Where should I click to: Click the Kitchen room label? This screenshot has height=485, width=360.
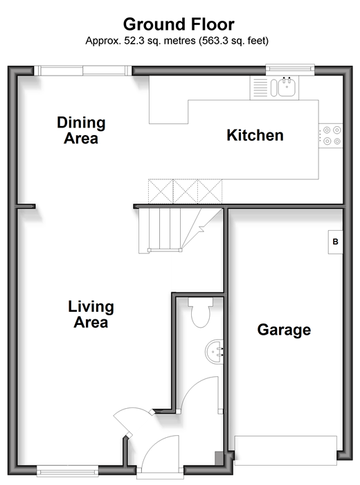[x=255, y=136]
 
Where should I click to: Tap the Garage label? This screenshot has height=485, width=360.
[x=284, y=330]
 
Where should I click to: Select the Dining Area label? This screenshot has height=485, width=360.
[x=81, y=130]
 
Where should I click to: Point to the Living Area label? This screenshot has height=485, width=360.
[x=91, y=315]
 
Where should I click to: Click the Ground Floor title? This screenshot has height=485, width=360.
[x=179, y=24]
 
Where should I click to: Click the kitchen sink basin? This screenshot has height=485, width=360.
[x=287, y=87]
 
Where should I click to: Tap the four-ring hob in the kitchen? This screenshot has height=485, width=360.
[x=331, y=136]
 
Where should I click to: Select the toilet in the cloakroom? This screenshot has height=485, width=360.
[x=201, y=312]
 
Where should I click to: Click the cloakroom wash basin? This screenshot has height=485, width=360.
[x=215, y=352]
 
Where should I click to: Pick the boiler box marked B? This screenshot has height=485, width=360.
[x=335, y=242]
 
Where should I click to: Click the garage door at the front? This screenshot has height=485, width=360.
[x=285, y=450]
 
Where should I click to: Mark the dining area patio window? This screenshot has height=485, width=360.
[x=83, y=71]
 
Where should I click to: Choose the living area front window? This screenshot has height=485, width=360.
[x=67, y=471]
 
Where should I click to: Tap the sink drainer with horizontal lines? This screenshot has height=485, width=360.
[x=260, y=87]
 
